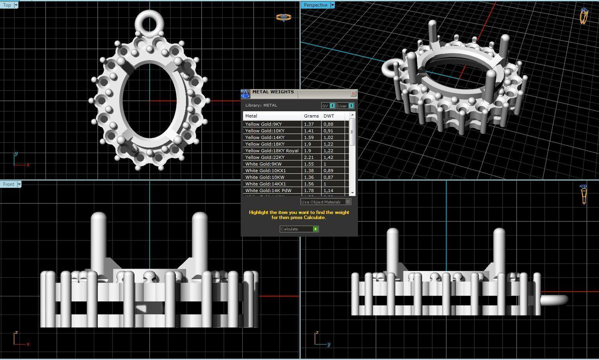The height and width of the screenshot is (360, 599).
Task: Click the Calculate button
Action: pos(299,229)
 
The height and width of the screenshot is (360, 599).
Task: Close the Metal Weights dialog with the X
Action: pos(353,94)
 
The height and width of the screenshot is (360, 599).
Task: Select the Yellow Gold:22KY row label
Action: pos(263,157)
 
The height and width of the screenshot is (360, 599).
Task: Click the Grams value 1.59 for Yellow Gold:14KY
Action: pos(309,137)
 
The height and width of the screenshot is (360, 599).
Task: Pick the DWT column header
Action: pos(329,116)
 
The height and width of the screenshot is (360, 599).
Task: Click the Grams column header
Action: pos(311,116)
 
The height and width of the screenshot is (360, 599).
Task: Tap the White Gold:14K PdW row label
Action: pos(268,191)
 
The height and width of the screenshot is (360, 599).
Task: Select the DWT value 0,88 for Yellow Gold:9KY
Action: pos(328,124)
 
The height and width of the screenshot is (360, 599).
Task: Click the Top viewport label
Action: pos(7,5)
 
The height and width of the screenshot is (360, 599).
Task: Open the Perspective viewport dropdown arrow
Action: pos(333,5)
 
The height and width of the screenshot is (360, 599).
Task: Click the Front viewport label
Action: pos(9,184)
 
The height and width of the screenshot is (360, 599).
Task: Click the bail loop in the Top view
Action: pos(149,23)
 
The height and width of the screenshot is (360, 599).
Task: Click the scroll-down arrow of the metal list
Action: pos(352,193)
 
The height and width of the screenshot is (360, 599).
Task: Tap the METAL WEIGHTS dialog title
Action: pos(273,92)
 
